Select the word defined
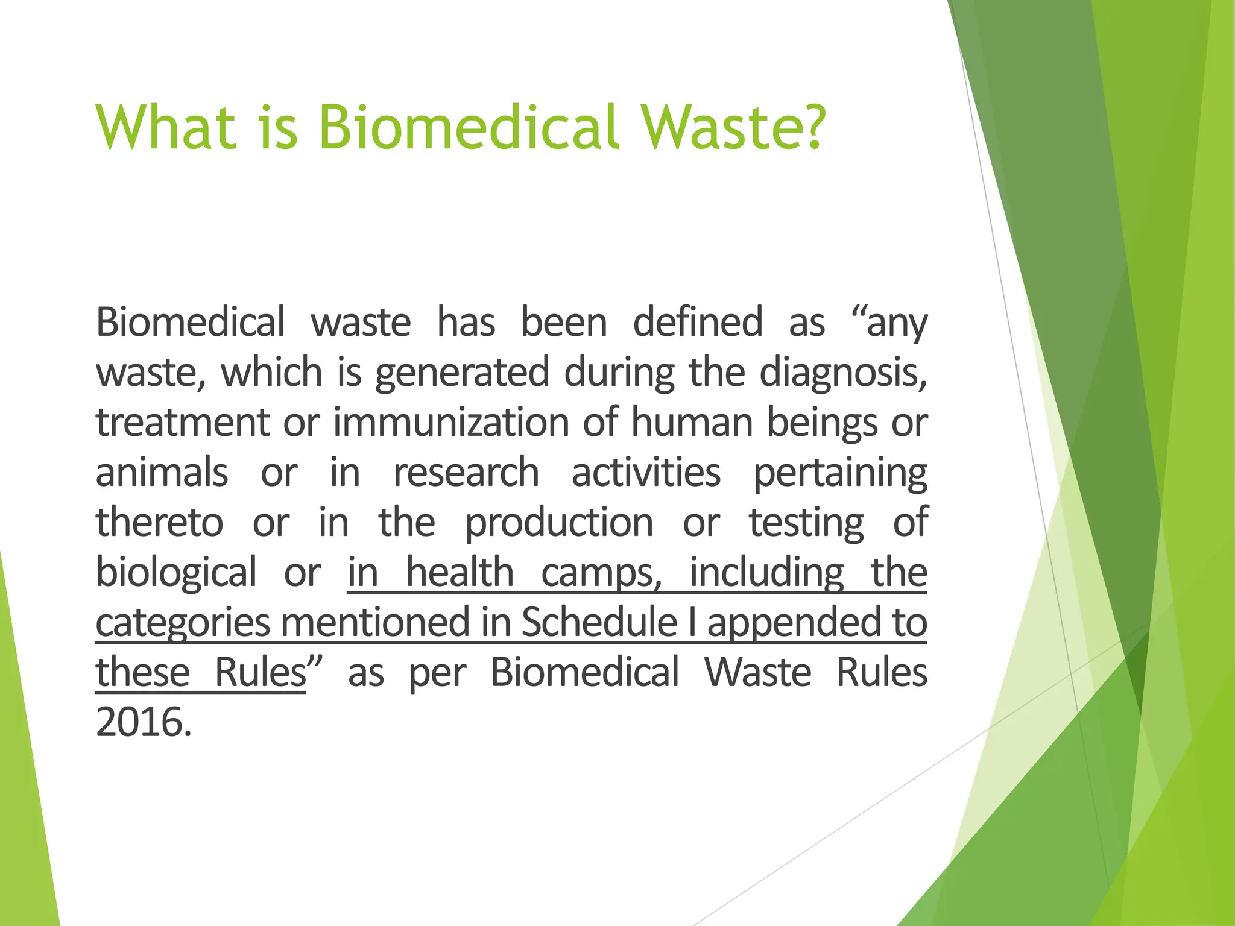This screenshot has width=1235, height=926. [698, 322]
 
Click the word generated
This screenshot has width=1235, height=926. [462, 373]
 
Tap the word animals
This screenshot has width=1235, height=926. [162, 472]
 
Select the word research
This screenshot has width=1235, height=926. [466, 472]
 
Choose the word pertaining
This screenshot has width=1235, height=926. [840, 473]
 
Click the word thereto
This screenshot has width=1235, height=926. [159, 522]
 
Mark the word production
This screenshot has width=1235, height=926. [559, 523]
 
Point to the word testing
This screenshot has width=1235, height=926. [806, 523]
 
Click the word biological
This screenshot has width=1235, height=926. [176, 573]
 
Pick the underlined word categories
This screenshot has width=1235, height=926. [183, 623]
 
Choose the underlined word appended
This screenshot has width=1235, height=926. [792, 623]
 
